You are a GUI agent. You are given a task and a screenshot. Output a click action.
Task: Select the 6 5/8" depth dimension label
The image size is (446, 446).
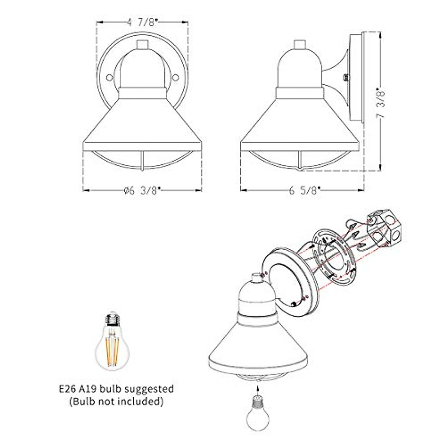[304, 191]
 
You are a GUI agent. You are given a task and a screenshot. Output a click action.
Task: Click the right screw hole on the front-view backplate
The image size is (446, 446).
[176, 77]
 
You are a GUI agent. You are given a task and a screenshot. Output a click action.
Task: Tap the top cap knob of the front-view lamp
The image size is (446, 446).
[142, 45]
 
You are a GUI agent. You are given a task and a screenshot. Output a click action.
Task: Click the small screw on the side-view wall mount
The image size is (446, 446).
[346, 77]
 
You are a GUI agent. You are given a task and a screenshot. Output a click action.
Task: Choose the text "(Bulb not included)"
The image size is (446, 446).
[116, 401]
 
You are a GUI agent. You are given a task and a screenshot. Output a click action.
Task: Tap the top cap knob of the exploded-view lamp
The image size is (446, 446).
[256, 278]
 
